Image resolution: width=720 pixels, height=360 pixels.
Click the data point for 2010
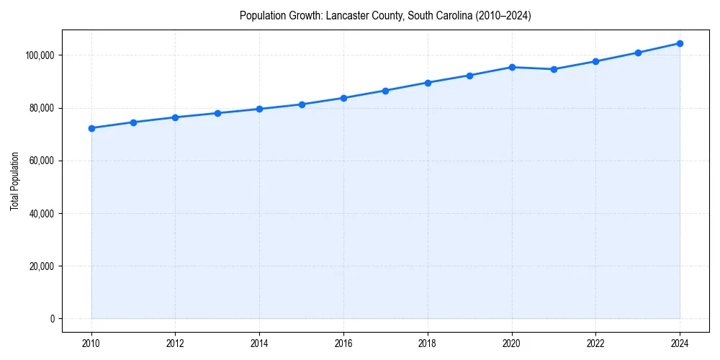pyautogui.click(x=91, y=128)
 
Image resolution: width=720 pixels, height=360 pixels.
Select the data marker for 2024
pyautogui.click(x=680, y=43)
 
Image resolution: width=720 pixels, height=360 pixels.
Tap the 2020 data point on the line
pyautogui.click(x=512, y=67)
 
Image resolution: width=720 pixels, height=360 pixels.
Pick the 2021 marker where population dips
pyautogui.click(x=554, y=69)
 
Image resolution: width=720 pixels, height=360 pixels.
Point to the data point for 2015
pyautogui.click(x=302, y=104)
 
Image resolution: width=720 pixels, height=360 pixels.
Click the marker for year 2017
pyautogui.click(x=386, y=91)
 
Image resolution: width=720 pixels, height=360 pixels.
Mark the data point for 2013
pyautogui.click(x=217, y=113)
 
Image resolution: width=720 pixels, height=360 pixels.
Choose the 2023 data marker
pyautogui.click(x=638, y=53)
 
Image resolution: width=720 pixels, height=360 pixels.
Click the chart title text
pyautogui.click(x=385, y=16)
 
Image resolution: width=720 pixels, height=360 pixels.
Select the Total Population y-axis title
pyautogui.click(x=15, y=181)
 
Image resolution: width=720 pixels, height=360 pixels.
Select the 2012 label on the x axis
pyautogui.click(x=176, y=343)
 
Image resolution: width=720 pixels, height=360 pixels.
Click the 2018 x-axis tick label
pyautogui.click(x=428, y=343)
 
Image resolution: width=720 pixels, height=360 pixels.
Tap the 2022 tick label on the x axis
pyautogui.click(x=595, y=343)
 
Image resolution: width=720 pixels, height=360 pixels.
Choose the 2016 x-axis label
pyautogui.click(x=343, y=343)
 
